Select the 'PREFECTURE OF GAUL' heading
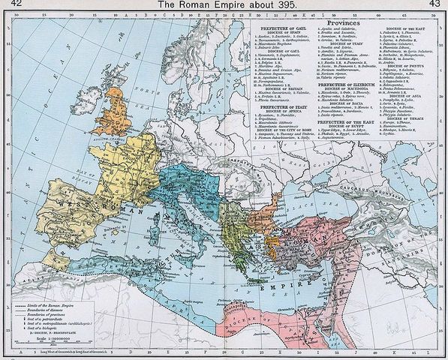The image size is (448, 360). tap(277, 30)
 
